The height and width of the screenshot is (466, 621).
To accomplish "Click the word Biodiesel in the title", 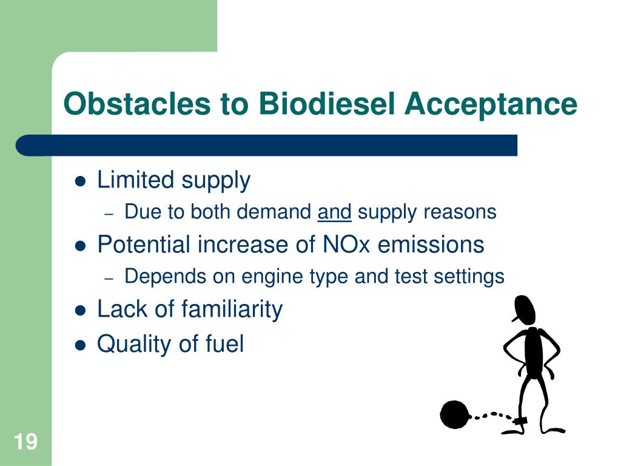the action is click(327, 103).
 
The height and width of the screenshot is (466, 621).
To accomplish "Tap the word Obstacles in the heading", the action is click(136, 103).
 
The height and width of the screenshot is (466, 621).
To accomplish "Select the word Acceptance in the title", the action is click(491, 104).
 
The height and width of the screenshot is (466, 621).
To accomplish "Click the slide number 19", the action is click(25, 442).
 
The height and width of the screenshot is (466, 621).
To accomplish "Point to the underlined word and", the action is click(334, 212).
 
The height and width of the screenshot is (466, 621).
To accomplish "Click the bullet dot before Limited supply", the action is click(81, 181).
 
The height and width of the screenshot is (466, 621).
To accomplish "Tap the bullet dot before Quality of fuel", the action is click(81, 345).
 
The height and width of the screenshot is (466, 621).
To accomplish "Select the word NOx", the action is click(346, 244).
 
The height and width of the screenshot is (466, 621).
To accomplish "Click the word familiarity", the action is click(232, 309).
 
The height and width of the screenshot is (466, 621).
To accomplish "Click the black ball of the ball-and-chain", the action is click(455, 414).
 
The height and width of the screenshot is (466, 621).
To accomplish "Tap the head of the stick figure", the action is click(525, 309).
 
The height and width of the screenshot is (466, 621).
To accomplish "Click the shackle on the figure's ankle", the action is click(520, 420).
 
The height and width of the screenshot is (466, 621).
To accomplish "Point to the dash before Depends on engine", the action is click(109, 279).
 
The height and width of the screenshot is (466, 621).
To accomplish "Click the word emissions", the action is click(431, 244).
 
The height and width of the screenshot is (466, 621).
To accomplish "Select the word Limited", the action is click(135, 180).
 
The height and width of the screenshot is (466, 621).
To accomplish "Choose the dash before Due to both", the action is click(109, 214).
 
